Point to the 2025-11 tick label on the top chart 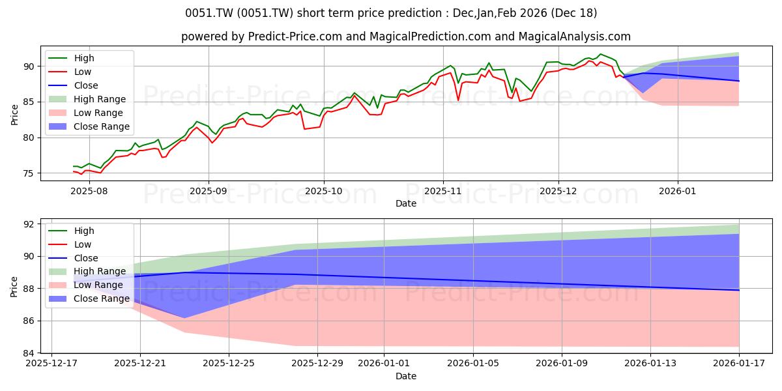tap(443, 191)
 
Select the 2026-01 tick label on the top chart tap(678, 191)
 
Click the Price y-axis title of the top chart tap(15, 115)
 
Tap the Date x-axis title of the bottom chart tap(406, 376)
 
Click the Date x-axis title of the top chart tap(406, 203)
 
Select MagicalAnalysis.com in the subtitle tap(574, 37)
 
